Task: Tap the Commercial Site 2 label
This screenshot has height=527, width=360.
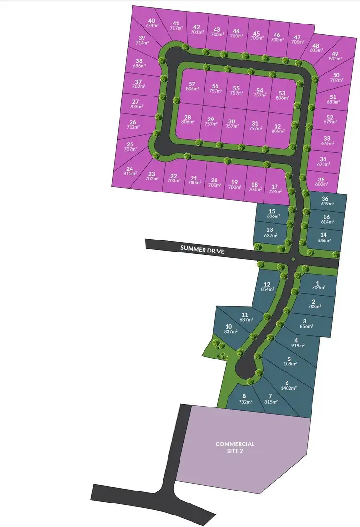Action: pos(235,447)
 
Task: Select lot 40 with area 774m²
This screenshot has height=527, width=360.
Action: pos(152,24)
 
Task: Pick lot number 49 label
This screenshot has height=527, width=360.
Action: pos(334,54)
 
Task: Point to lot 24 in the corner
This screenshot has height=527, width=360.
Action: pos(129,172)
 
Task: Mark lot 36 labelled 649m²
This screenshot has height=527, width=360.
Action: pos(325,201)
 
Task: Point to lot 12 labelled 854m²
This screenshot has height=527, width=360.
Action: pos(267,287)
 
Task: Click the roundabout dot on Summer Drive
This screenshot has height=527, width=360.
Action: pos(292,260)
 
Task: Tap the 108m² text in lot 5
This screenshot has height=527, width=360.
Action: pos(289,364)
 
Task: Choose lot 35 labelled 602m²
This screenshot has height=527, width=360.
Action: pos(322,183)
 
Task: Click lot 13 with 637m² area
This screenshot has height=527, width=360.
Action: pos(270,232)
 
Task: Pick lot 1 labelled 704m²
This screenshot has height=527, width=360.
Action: pos(318,285)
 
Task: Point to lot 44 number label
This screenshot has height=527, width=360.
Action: pos(236,31)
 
